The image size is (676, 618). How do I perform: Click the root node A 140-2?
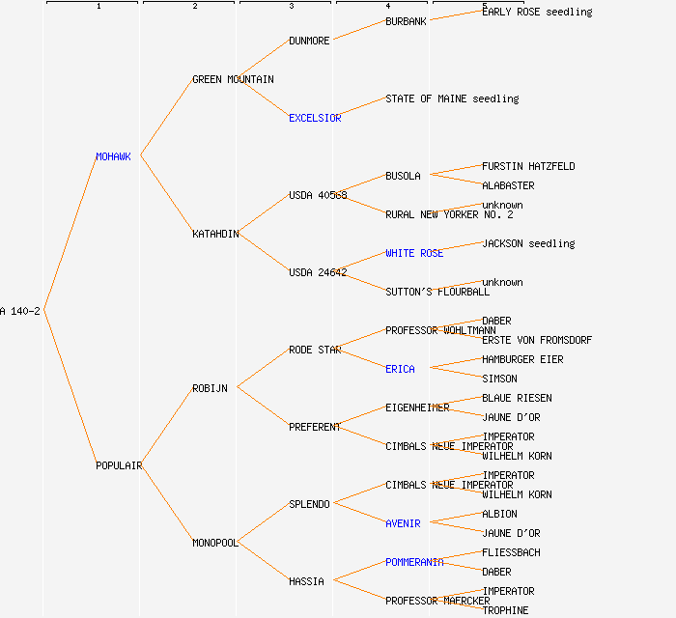pos(20,311)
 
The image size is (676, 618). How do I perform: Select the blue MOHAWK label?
pos(113,156)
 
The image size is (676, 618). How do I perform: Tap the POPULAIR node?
pos(119,465)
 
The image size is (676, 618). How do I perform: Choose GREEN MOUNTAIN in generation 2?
pos(233,79)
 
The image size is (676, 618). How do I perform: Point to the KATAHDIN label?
pos(215,234)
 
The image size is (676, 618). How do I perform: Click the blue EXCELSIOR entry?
pos(315,118)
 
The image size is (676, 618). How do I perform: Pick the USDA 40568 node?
pos(318,195)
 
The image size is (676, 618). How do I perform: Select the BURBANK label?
pos(406,21)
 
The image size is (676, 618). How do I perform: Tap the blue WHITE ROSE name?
pos(414,253)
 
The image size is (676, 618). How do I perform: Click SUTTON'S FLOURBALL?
pos(437,292)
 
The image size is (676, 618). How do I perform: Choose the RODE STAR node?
pos(315,350)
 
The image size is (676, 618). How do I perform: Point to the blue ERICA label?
pos(400,369)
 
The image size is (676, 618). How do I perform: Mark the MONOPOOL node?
pos(215,543)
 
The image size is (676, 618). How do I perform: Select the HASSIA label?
pos(306,581)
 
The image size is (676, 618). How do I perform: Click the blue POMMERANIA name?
pos(414,562)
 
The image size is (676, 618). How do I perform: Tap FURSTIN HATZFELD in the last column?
pos(528,166)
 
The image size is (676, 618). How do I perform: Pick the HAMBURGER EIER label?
pos(522,359)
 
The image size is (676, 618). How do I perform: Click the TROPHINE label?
pos(505,610)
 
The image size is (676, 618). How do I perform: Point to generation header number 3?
pos(291,7)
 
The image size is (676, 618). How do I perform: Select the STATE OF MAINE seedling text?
pos(452,98)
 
